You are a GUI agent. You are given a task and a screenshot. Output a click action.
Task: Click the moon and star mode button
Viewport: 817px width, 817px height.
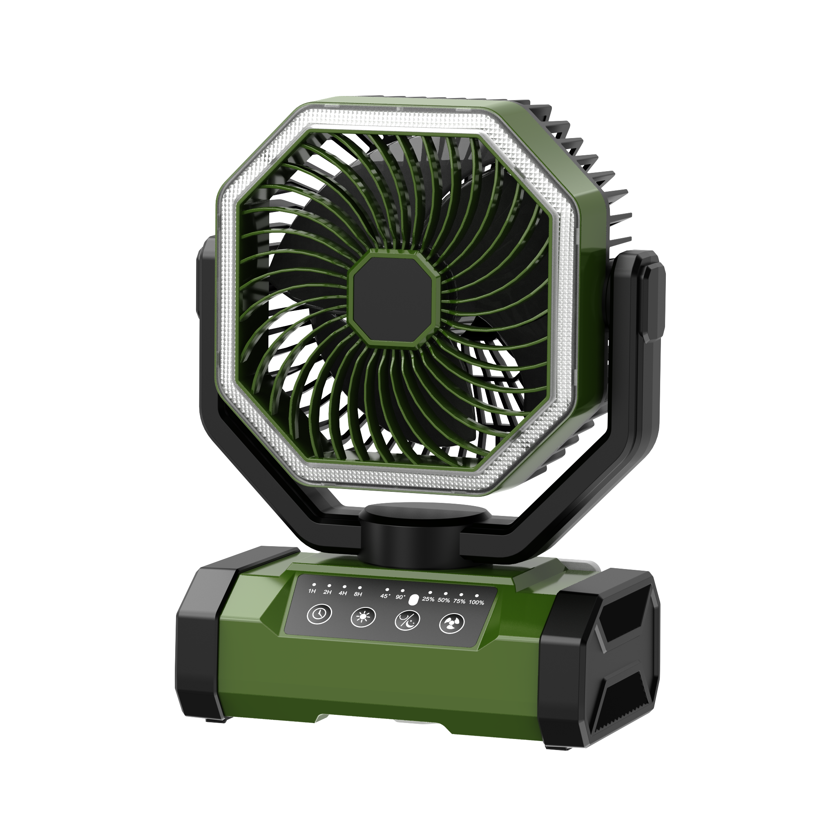(407, 621)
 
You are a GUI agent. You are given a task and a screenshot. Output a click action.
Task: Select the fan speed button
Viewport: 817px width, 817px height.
(452, 623)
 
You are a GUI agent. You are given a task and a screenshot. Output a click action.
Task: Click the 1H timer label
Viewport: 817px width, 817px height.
(312, 591)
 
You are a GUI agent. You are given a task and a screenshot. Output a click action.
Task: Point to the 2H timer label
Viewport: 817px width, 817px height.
(327, 592)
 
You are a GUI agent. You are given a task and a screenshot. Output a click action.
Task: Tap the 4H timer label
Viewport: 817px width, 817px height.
(343, 593)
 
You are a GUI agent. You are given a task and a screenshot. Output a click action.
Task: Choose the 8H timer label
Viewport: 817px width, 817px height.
(358, 594)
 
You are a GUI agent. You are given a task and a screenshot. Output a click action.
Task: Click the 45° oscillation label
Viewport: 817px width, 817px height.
(384, 596)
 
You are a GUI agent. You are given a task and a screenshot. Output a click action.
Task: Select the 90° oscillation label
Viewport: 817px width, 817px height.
(400, 597)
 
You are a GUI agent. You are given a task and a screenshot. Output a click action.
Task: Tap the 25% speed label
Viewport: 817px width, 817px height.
(429, 599)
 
